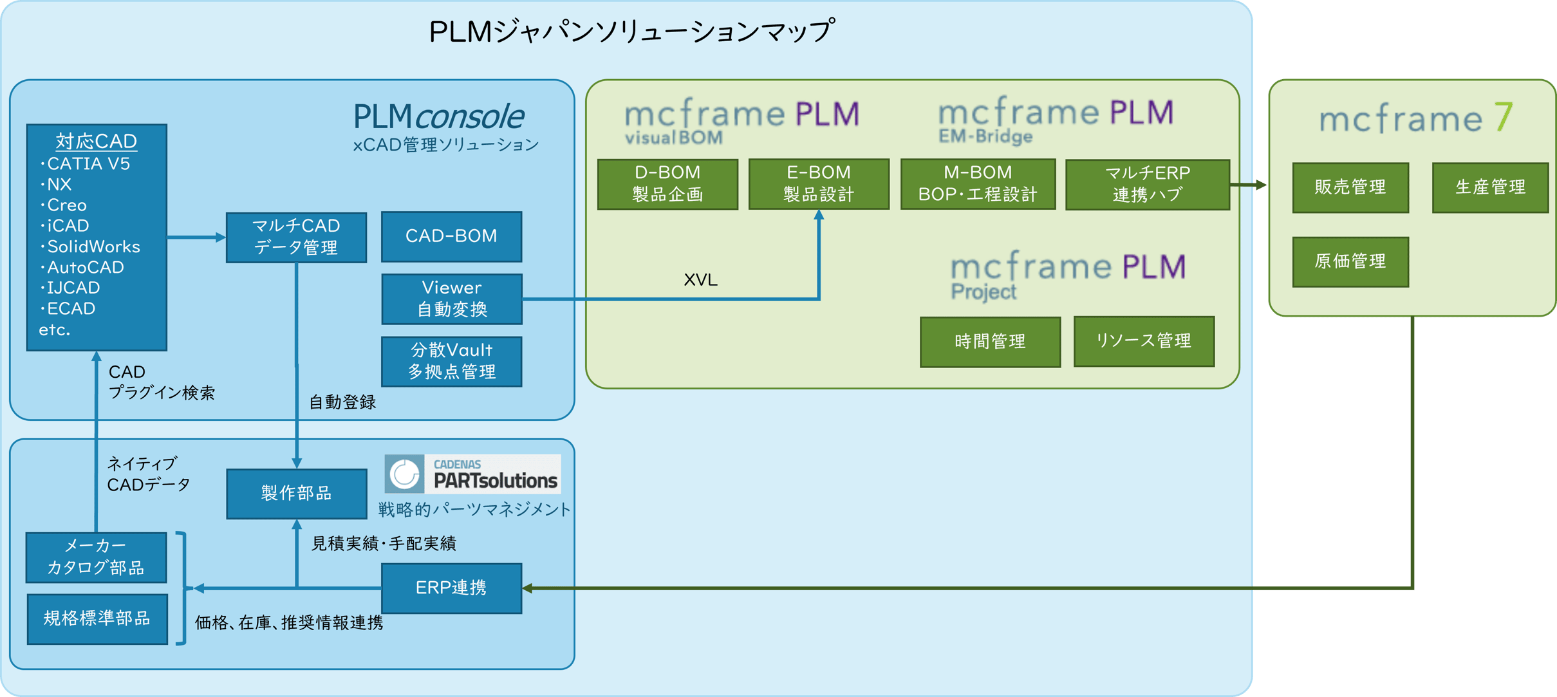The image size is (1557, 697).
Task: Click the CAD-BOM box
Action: [451, 236]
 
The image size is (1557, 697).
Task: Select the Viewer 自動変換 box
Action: [451, 299]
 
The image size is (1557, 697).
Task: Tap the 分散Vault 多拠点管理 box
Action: [451, 361]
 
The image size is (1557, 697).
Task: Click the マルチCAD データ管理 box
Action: [296, 237]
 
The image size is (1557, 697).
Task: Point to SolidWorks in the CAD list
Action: [93, 246]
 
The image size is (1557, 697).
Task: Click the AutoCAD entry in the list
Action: [85, 267]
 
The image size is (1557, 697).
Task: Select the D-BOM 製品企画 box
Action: [667, 184]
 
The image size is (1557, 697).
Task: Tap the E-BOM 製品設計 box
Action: [819, 184]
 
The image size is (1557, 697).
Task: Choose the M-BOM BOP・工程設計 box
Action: [978, 184]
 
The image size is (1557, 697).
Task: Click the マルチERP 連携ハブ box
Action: [1147, 185]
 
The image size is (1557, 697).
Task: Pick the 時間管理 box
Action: [990, 342]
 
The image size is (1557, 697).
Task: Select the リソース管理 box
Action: [1144, 341]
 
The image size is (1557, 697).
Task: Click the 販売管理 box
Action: [1350, 187]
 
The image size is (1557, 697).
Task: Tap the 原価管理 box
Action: [1350, 261]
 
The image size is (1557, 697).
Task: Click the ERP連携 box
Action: [451, 588]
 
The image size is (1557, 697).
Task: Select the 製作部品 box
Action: [296, 494]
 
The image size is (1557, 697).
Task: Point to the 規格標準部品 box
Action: [97, 618]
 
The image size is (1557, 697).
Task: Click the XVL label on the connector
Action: [700, 280]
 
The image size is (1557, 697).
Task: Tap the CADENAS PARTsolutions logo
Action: [472, 474]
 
